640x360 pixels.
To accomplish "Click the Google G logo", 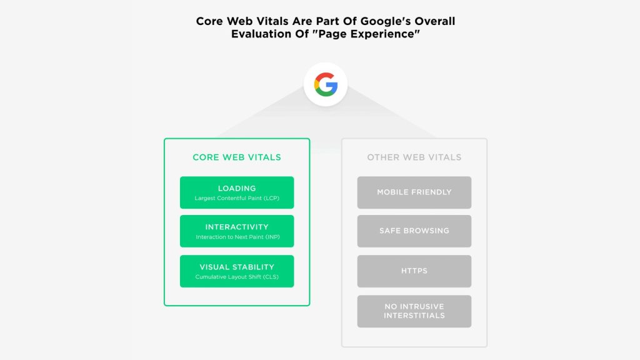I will [326, 84].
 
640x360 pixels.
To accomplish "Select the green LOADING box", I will [237, 192].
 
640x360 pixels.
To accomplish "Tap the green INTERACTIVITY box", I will [237, 231].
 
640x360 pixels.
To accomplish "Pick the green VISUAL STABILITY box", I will [237, 271].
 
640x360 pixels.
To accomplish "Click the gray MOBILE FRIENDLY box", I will [414, 192].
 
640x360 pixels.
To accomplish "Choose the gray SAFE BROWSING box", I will [414, 231].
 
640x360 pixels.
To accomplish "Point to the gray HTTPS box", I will [414, 271].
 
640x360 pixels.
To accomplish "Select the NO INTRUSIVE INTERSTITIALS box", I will [414, 311].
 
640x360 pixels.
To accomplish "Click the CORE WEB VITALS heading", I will [237, 157].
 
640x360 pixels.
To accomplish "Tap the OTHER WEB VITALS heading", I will [414, 157].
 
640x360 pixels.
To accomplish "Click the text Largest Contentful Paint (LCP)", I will [237, 199].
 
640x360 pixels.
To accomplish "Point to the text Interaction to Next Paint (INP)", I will [237, 237].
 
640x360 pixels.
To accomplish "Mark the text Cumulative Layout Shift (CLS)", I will [237, 277].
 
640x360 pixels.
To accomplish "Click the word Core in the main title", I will [211, 21].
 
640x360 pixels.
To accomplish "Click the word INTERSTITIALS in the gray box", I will [414, 316].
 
